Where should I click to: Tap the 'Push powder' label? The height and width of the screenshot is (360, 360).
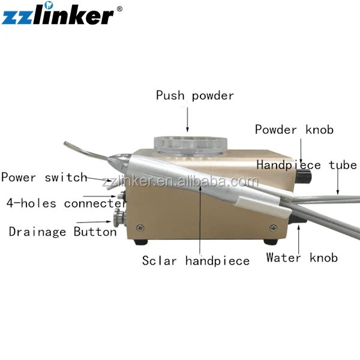point(195,95)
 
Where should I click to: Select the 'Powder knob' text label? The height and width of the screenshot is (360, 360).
point(294,130)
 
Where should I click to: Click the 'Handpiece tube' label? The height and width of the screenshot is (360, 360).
point(307,165)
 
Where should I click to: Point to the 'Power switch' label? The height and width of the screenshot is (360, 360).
point(43,178)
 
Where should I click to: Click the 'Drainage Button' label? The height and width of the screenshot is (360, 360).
point(62,232)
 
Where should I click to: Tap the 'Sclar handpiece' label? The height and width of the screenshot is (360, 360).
point(196,260)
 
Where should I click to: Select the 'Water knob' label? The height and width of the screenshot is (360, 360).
point(302,258)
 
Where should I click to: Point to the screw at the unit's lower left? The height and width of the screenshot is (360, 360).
point(140,228)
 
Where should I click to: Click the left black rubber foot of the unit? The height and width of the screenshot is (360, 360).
point(142,244)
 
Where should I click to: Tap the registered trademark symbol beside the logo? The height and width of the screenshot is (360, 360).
point(119,8)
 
